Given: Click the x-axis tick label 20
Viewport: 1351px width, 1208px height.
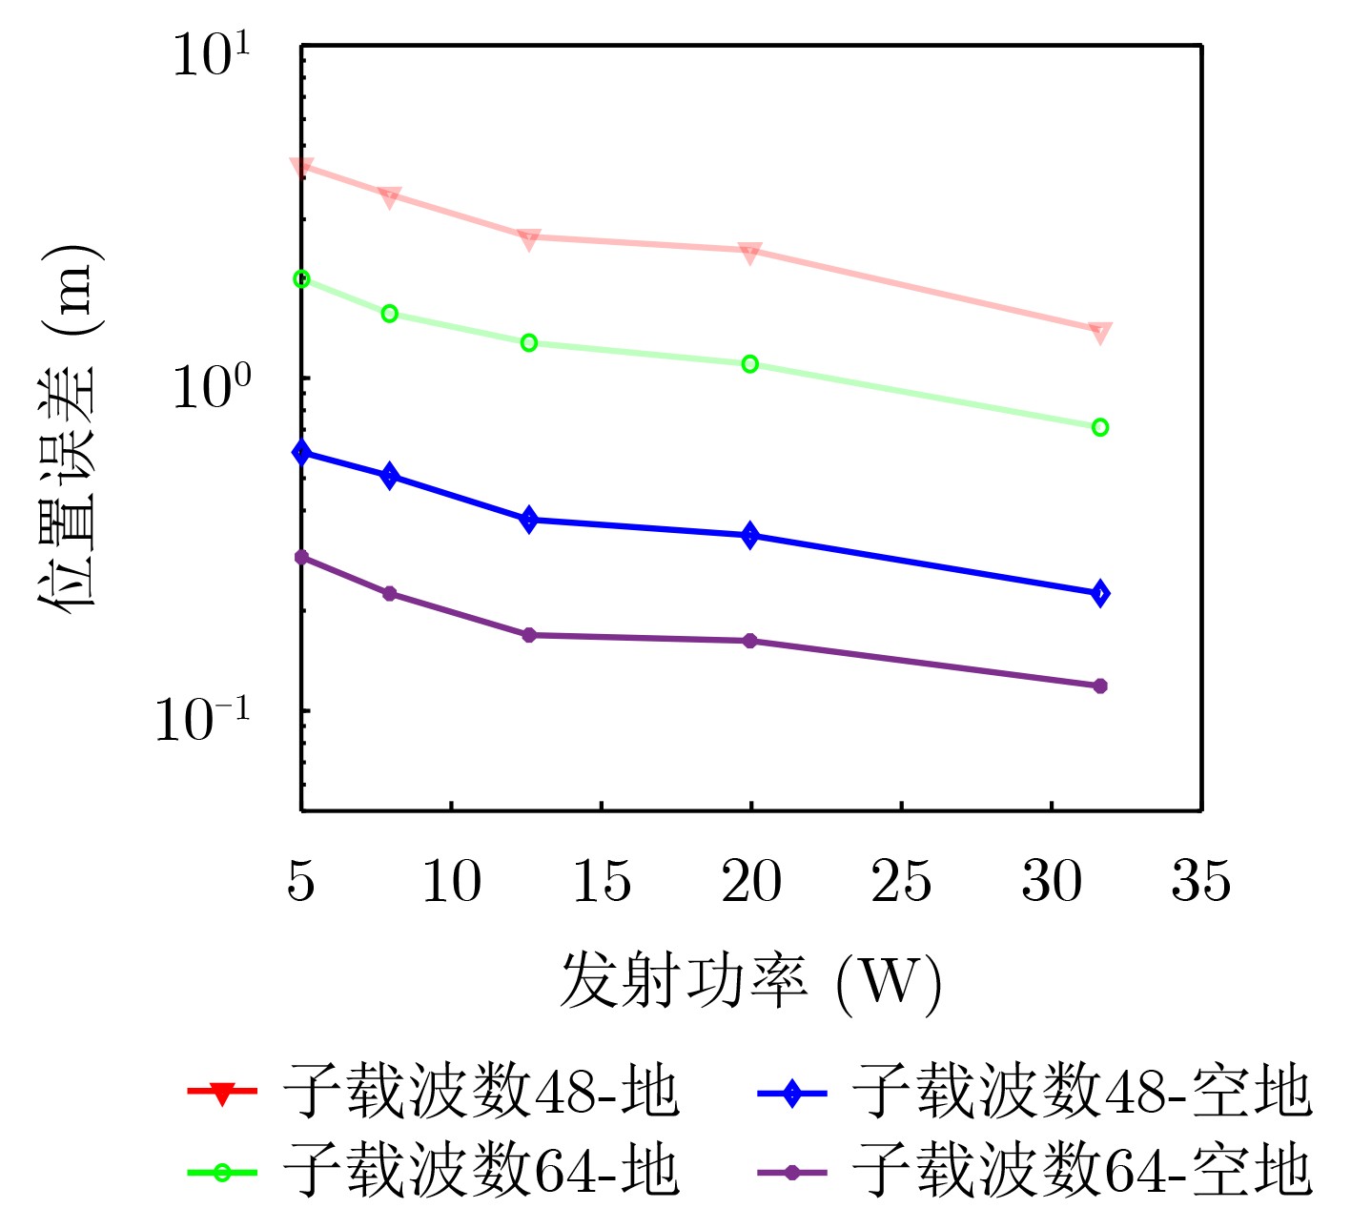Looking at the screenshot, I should click(x=750, y=881).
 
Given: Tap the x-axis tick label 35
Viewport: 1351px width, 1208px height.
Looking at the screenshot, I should click(x=1200, y=881).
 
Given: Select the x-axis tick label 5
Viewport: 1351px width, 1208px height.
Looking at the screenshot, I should click(x=300, y=881).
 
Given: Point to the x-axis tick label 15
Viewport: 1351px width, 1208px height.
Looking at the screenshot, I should click(x=601, y=881).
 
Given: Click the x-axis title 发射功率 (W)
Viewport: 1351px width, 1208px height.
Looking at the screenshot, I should click(x=750, y=982).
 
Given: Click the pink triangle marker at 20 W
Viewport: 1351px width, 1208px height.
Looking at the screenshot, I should click(x=750, y=252).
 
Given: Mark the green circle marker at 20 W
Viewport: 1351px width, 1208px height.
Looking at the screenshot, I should click(x=750, y=364).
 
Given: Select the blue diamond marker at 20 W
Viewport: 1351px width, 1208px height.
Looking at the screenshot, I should click(x=750, y=536).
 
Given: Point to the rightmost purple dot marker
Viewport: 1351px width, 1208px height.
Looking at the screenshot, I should click(x=1099, y=686).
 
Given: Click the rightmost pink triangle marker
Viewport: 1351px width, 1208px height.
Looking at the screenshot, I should click(x=1099, y=332).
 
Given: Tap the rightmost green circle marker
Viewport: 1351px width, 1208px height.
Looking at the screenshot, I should click(x=1099, y=427).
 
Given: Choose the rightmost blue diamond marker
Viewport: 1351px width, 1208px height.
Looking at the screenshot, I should click(x=1099, y=594).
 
